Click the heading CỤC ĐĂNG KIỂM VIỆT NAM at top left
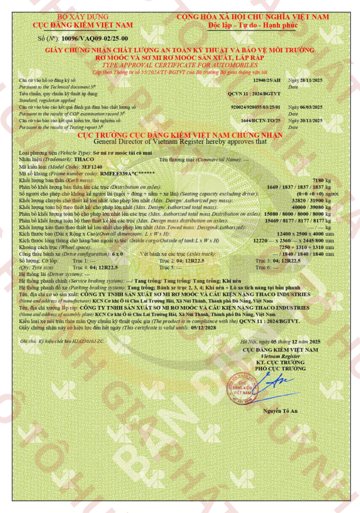tap(83, 25)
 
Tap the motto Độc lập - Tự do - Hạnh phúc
tap(253, 25)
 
